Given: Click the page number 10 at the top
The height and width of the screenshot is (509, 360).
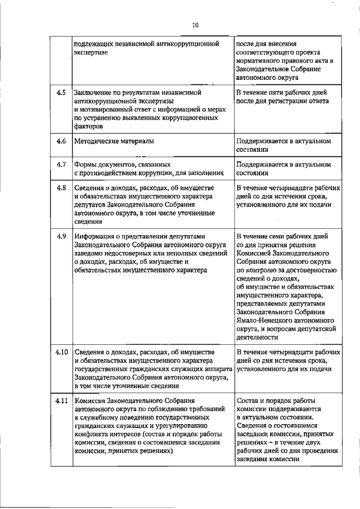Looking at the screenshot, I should click(195, 25).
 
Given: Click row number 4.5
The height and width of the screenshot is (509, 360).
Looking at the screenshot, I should click(62, 92).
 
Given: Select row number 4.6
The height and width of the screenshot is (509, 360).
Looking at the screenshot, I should click(62, 141).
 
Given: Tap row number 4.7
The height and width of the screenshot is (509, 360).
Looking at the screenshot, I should click(62, 165).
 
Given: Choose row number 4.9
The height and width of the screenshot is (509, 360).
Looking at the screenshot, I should click(62, 236).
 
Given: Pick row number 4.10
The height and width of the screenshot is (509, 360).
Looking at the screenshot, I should click(62, 353).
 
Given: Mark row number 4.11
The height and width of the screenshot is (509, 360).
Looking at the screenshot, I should click(62, 400).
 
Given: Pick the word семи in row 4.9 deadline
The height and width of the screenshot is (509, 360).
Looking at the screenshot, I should click(287, 236).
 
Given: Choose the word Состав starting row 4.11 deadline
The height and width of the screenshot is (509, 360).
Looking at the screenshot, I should click(249, 400).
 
